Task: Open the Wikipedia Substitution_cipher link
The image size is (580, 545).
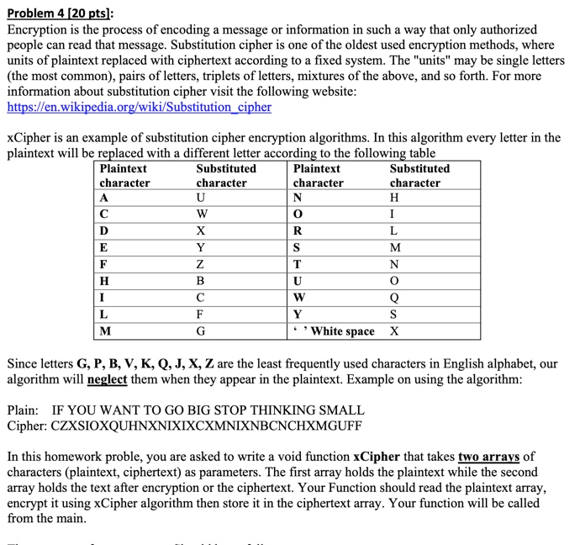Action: (139, 107)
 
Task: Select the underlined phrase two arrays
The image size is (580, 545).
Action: (489, 457)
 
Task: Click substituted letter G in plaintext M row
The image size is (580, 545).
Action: (199, 331)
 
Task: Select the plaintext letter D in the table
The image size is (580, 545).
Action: (103, 230)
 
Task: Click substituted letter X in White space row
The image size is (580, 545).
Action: (395, 331)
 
